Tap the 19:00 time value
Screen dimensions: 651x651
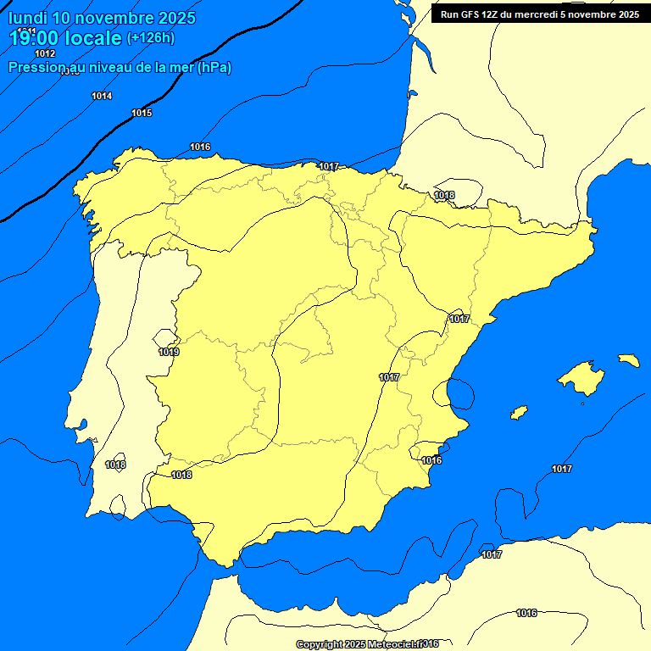(34, 38)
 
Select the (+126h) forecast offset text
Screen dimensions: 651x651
(150, 38)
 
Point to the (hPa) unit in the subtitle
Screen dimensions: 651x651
(214, 68)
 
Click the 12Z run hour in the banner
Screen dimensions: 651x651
(494, 14)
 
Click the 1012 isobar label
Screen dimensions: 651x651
(45, 53)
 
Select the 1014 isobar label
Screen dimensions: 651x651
(102, 96)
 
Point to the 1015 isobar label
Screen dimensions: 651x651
(142, 113)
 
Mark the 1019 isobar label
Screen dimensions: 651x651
(169, 352)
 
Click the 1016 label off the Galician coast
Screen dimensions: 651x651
(200, 147)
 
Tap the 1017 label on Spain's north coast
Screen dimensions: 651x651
(329, 166)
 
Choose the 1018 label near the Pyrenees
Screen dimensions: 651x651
(444, 195)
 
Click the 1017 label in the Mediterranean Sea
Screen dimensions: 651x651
(561, 469)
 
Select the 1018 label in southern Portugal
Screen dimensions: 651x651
(115, 465)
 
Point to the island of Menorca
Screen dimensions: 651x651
(629, 360)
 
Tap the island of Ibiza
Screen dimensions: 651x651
(518, 413)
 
